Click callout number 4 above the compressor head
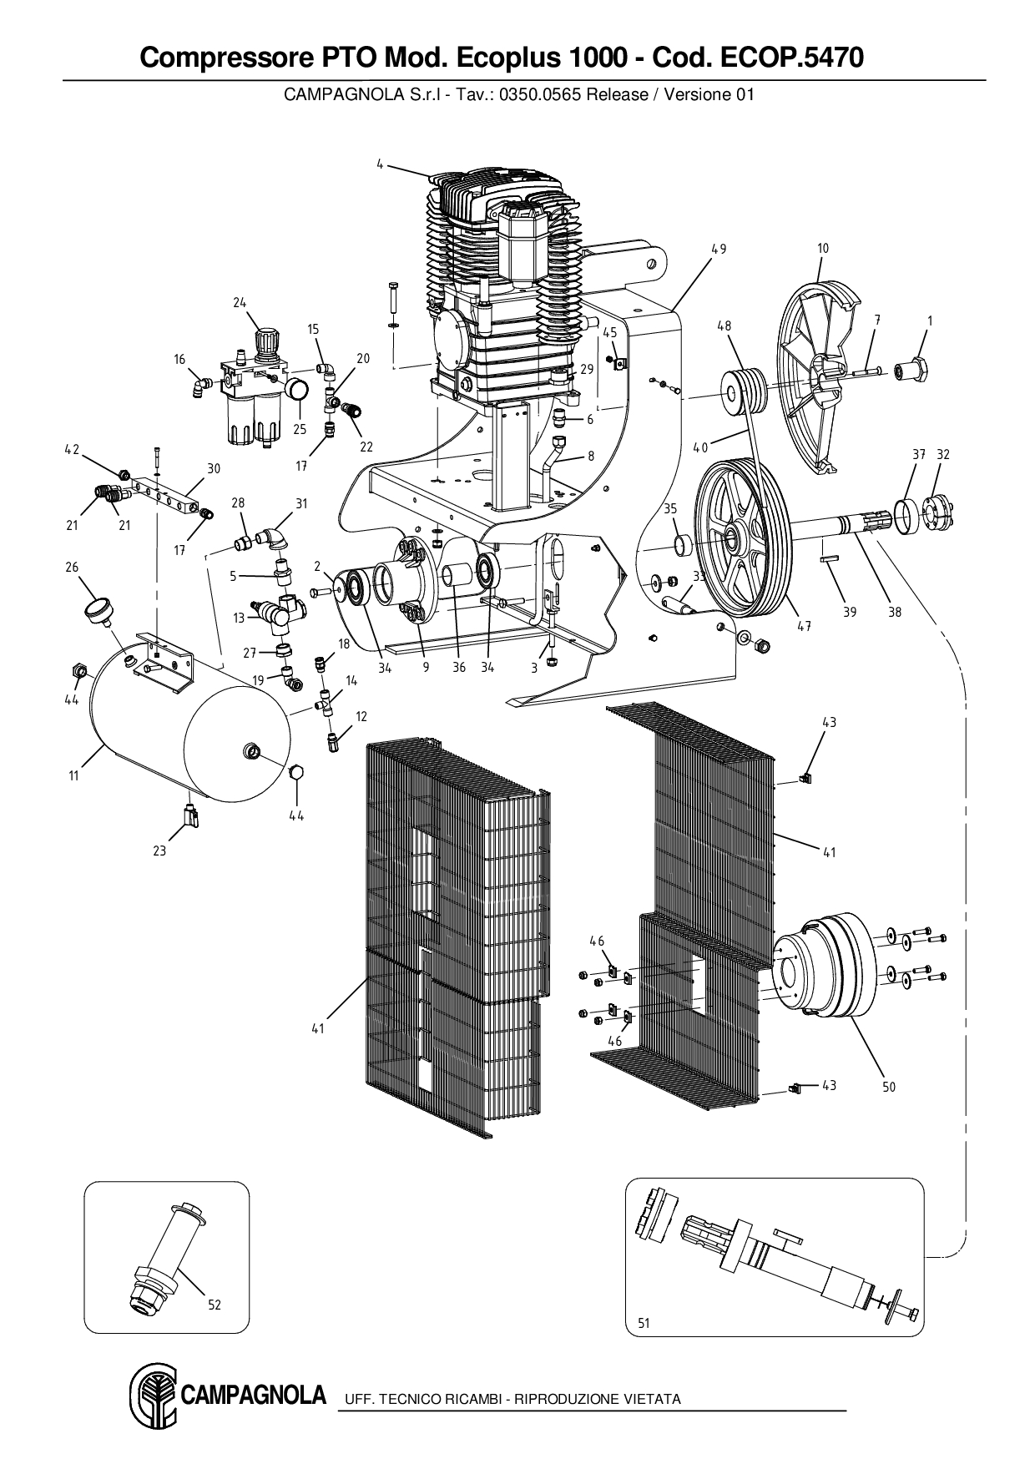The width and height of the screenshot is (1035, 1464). click(379, 164)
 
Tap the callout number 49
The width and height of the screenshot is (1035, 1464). click(719, 249)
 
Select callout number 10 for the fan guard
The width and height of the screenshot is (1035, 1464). click(822, 248)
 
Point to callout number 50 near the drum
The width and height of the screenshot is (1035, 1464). click(889, 1087)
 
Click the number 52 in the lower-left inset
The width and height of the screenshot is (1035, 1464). click(215, 1305)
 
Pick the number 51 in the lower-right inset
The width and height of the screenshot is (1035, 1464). click(644, 1323)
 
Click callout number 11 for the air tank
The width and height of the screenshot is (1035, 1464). click(73, 775)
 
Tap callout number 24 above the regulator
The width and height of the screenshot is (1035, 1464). click(240, 302)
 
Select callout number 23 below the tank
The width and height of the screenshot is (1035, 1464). click(159, 851)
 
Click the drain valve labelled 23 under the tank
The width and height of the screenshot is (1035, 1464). click(191, 815)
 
